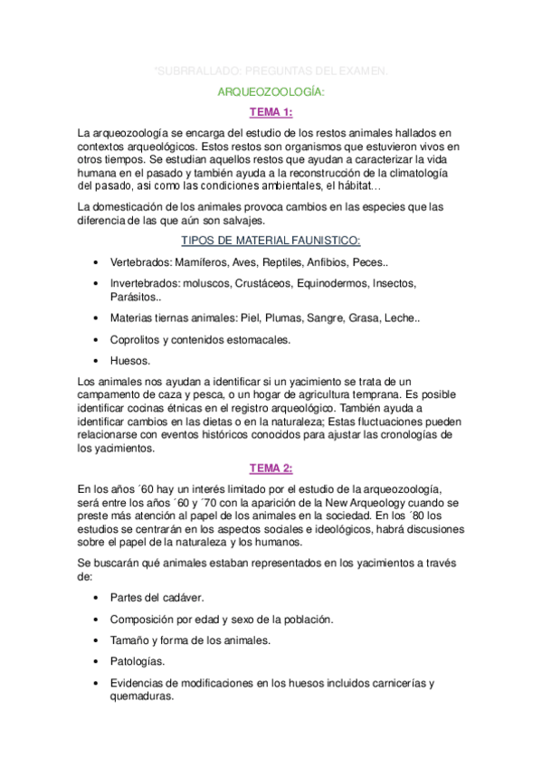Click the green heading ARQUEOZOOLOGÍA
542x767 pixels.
click(x=271, y=91)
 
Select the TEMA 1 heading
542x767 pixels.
click(x=271, y=112)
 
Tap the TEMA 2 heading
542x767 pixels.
click(x=271, y=468)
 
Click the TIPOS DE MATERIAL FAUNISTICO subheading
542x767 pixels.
click(x=271, y=240)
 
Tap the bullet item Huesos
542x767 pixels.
click(x=130, y=360)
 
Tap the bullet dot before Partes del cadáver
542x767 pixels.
click(x=96, y=598)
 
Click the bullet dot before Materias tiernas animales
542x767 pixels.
click(x=96, y=318)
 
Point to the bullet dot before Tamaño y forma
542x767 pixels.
click(x=96, y=640)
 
